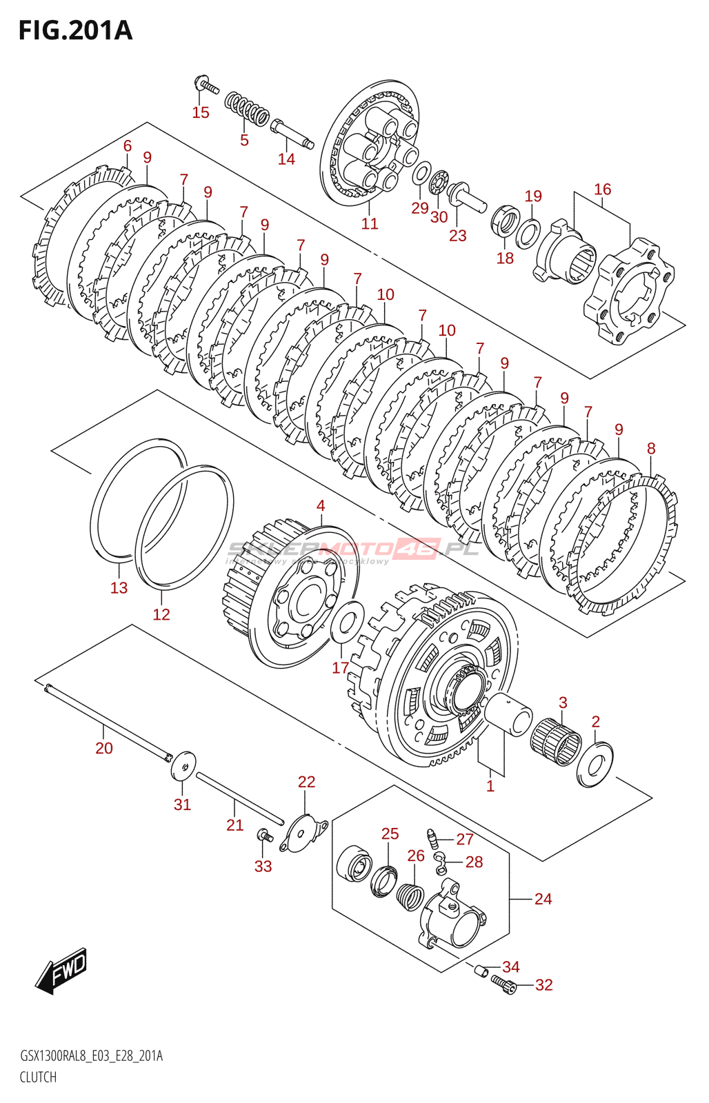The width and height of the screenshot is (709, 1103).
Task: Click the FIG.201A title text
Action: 75,31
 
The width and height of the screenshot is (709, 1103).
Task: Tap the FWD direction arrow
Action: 63,970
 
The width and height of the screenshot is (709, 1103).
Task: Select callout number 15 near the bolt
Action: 200,112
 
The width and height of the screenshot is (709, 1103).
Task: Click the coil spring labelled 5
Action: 246,109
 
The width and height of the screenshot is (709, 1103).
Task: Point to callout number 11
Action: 370,223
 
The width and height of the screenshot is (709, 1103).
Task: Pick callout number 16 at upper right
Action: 602,189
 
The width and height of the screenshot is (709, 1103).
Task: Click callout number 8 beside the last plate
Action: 651,448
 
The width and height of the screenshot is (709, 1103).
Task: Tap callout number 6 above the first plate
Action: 128,145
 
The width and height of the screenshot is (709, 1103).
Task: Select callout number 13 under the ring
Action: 119,587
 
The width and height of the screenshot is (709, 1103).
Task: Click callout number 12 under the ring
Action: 161,614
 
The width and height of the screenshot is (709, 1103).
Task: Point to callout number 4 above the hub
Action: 321,505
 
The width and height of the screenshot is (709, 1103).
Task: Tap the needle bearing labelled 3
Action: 556,741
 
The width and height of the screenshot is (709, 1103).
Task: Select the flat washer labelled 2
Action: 595,763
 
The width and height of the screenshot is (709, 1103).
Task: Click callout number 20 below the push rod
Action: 103,748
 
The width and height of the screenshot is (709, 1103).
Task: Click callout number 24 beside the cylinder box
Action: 543,899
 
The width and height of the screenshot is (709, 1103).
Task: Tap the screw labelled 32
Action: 504,987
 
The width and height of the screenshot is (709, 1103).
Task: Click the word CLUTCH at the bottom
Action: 38,1077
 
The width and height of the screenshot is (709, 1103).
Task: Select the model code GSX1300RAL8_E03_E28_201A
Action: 91,1056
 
